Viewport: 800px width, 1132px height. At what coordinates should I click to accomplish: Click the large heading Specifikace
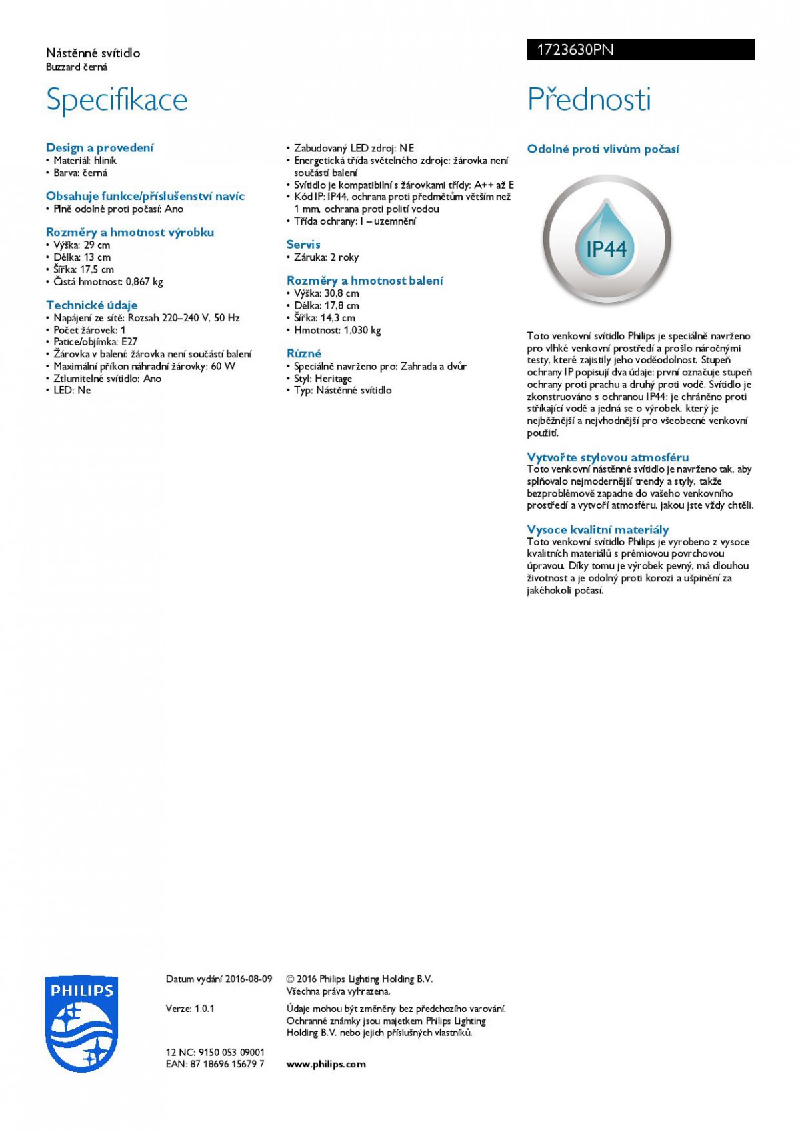tap(117, 100)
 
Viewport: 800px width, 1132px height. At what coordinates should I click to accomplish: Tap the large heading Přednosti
tap(589, 100)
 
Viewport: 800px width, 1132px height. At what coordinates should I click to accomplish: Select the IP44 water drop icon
tap(606, 240)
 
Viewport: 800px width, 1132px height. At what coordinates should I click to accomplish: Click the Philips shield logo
tap(80, 1024)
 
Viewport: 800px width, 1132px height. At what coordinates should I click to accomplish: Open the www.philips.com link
tap(326, 1064)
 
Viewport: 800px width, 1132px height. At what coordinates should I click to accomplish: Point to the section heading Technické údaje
tap(91, 305)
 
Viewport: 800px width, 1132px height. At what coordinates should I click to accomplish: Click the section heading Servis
tap(303, 245)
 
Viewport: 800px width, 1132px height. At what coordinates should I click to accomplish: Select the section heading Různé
tap(304, 353)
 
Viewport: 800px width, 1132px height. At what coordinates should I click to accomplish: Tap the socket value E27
tap(129, 342)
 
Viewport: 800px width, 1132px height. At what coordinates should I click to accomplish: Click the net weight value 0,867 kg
tap(144, 281)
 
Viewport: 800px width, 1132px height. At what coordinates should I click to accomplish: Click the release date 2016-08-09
tap(249, 979)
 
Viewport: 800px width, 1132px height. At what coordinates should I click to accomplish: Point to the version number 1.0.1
tap(205, 1008)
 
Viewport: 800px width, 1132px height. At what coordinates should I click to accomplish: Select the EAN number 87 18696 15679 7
tap(227, 1064)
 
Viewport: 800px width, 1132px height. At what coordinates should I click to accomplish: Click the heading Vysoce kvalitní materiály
tap(597, 530)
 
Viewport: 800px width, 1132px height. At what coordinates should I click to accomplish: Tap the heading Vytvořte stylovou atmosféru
tap(607, 457)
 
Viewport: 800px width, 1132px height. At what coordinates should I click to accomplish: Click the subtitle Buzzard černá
tap(77, 67)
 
